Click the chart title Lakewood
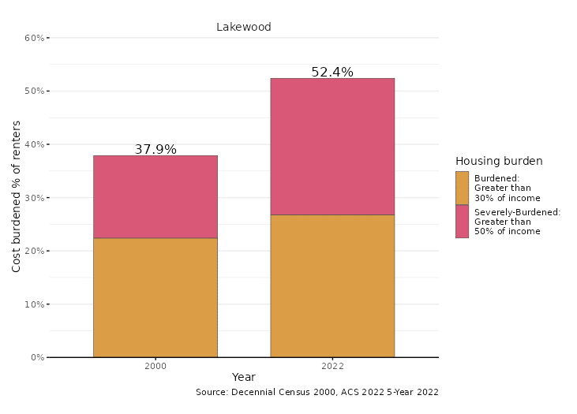(244, 27)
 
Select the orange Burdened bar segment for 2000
(155, 297)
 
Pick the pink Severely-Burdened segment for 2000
(155, 196)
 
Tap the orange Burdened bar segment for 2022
(332, 285)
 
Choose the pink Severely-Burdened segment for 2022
(332, 146)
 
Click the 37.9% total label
(155, 149)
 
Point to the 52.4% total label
(332, 72)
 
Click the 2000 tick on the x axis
(155, 366)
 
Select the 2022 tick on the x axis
(332, 366)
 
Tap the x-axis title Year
(244, 378)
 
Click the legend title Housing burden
(499, 161)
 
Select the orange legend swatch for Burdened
(462, 188)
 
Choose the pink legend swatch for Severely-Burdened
(462, 221)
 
